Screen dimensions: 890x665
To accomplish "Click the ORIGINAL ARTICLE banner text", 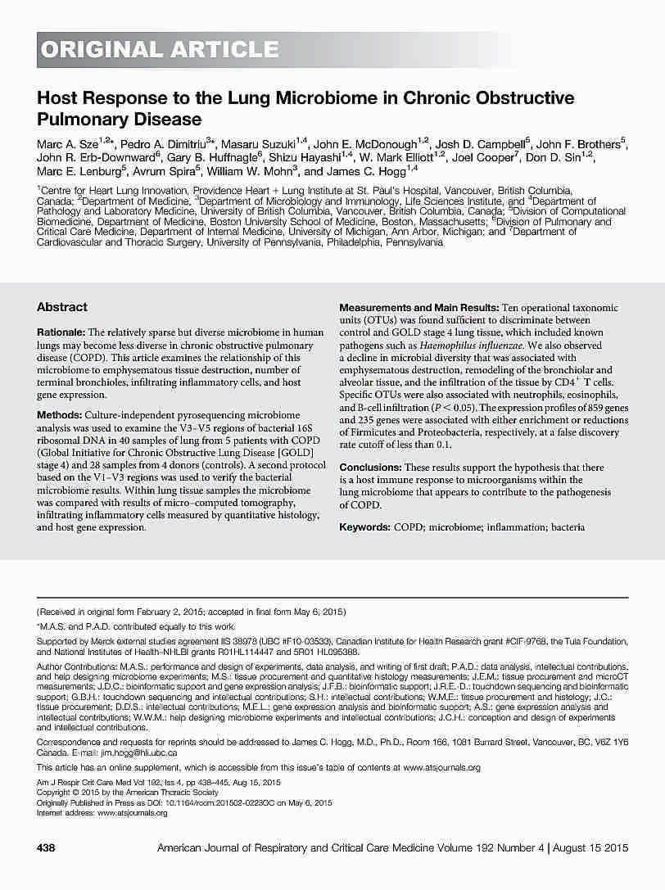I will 161,50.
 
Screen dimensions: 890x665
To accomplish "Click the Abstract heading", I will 61,307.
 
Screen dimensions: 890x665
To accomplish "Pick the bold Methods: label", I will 59,416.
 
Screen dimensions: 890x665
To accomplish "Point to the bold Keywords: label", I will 364,528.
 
